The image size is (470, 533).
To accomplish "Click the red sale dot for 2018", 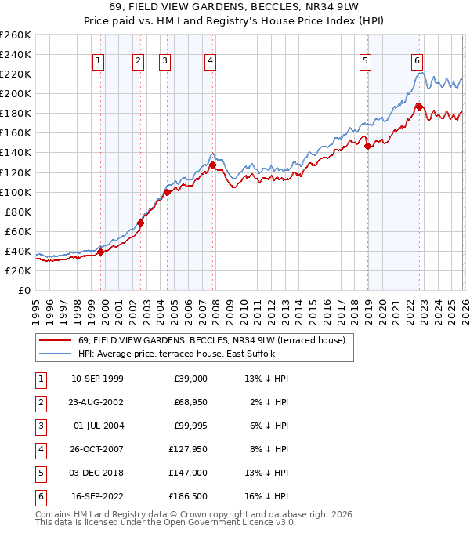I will [x=368, y=146].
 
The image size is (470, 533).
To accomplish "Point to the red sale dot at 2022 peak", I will [x=420, y=107].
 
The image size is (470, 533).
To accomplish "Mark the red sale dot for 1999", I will [x=100, y=252].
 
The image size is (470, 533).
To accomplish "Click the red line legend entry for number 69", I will [x=205, y=340].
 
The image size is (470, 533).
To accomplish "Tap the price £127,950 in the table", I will [x=186, y=450].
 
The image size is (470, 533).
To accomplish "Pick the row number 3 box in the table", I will [x=40, y=426].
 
